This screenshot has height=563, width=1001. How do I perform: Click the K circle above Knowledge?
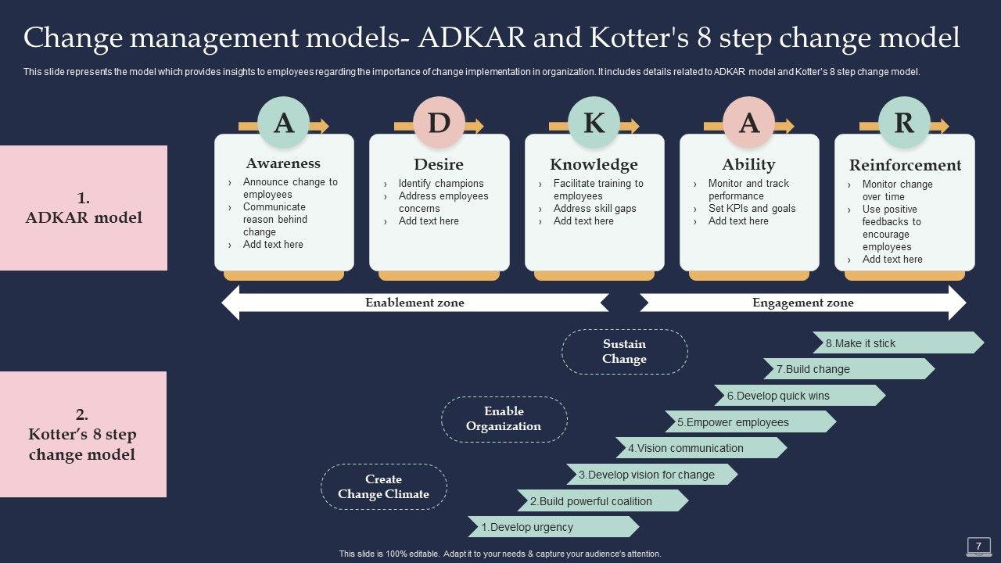coord(594,123)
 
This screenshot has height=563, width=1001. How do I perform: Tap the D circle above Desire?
coord(439,123)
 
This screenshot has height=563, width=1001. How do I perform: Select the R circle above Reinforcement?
coord(904,123)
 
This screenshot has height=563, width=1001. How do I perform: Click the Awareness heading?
coord(283,163)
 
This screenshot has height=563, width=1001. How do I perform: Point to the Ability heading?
coord(748,164)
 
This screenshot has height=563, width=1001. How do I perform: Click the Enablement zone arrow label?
coord(414,303)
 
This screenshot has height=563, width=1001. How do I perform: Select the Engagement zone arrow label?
coord(802,303)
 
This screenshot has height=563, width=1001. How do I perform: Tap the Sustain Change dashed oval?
coord(624,351)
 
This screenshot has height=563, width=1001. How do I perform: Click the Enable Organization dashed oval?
coord(504,418)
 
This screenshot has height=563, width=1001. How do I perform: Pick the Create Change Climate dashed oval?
coord(383,486)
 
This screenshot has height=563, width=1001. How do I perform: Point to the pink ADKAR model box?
coord(84,208)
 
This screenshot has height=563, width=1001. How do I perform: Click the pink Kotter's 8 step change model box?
coord(83,434)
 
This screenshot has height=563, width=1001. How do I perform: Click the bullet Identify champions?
coord(441,184)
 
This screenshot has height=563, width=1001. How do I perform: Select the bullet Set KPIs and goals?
coord(752,209)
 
